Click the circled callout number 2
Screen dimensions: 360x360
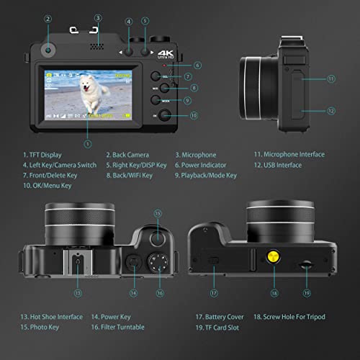(48, 19)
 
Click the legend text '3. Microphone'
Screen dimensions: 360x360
(195, 154)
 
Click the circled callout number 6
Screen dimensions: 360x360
(197, 66)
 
